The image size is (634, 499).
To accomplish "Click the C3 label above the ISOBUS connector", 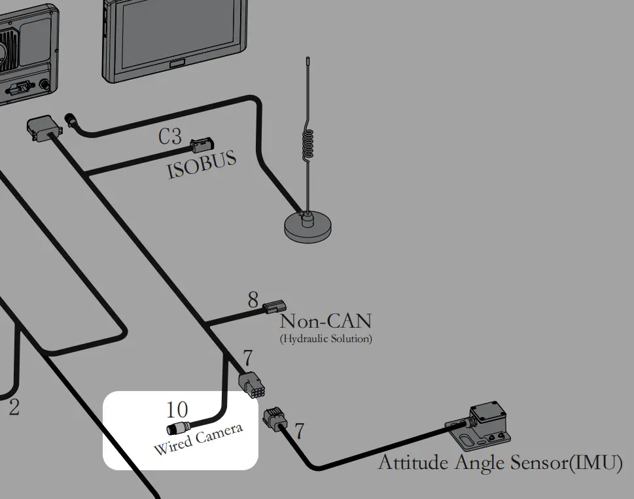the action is [x=170, y=136].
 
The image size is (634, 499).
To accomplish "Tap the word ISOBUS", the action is [x=202, y=164].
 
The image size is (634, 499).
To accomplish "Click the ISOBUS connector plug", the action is [x=202, y=145].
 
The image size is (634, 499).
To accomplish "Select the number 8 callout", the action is [x=253, y=300].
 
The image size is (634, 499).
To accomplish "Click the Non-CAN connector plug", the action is [x=274, y=307].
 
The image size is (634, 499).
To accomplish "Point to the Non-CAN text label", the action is [x=325, y=321].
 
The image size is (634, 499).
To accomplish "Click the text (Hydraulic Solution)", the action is [x=326, y=338].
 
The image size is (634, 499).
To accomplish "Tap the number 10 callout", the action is [x=177, y=409].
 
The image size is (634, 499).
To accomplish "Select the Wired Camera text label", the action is [x=198, y=439].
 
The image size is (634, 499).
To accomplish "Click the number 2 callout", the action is [x=14, y=407].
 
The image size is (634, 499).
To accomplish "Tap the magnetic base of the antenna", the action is [x=308, y=228].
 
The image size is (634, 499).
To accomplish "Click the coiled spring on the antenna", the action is [x=308, y=144].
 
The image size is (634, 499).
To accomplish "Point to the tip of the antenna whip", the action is [x=308, y=58].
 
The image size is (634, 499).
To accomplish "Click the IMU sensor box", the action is [x=480, y=426].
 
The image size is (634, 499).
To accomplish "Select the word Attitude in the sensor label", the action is [x=412, y=462].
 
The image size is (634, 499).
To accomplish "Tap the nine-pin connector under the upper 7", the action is [x=251, y=385].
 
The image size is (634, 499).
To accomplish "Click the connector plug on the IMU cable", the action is [x=273, y=419].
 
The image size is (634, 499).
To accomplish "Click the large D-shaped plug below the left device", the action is [x=44, y=128].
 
